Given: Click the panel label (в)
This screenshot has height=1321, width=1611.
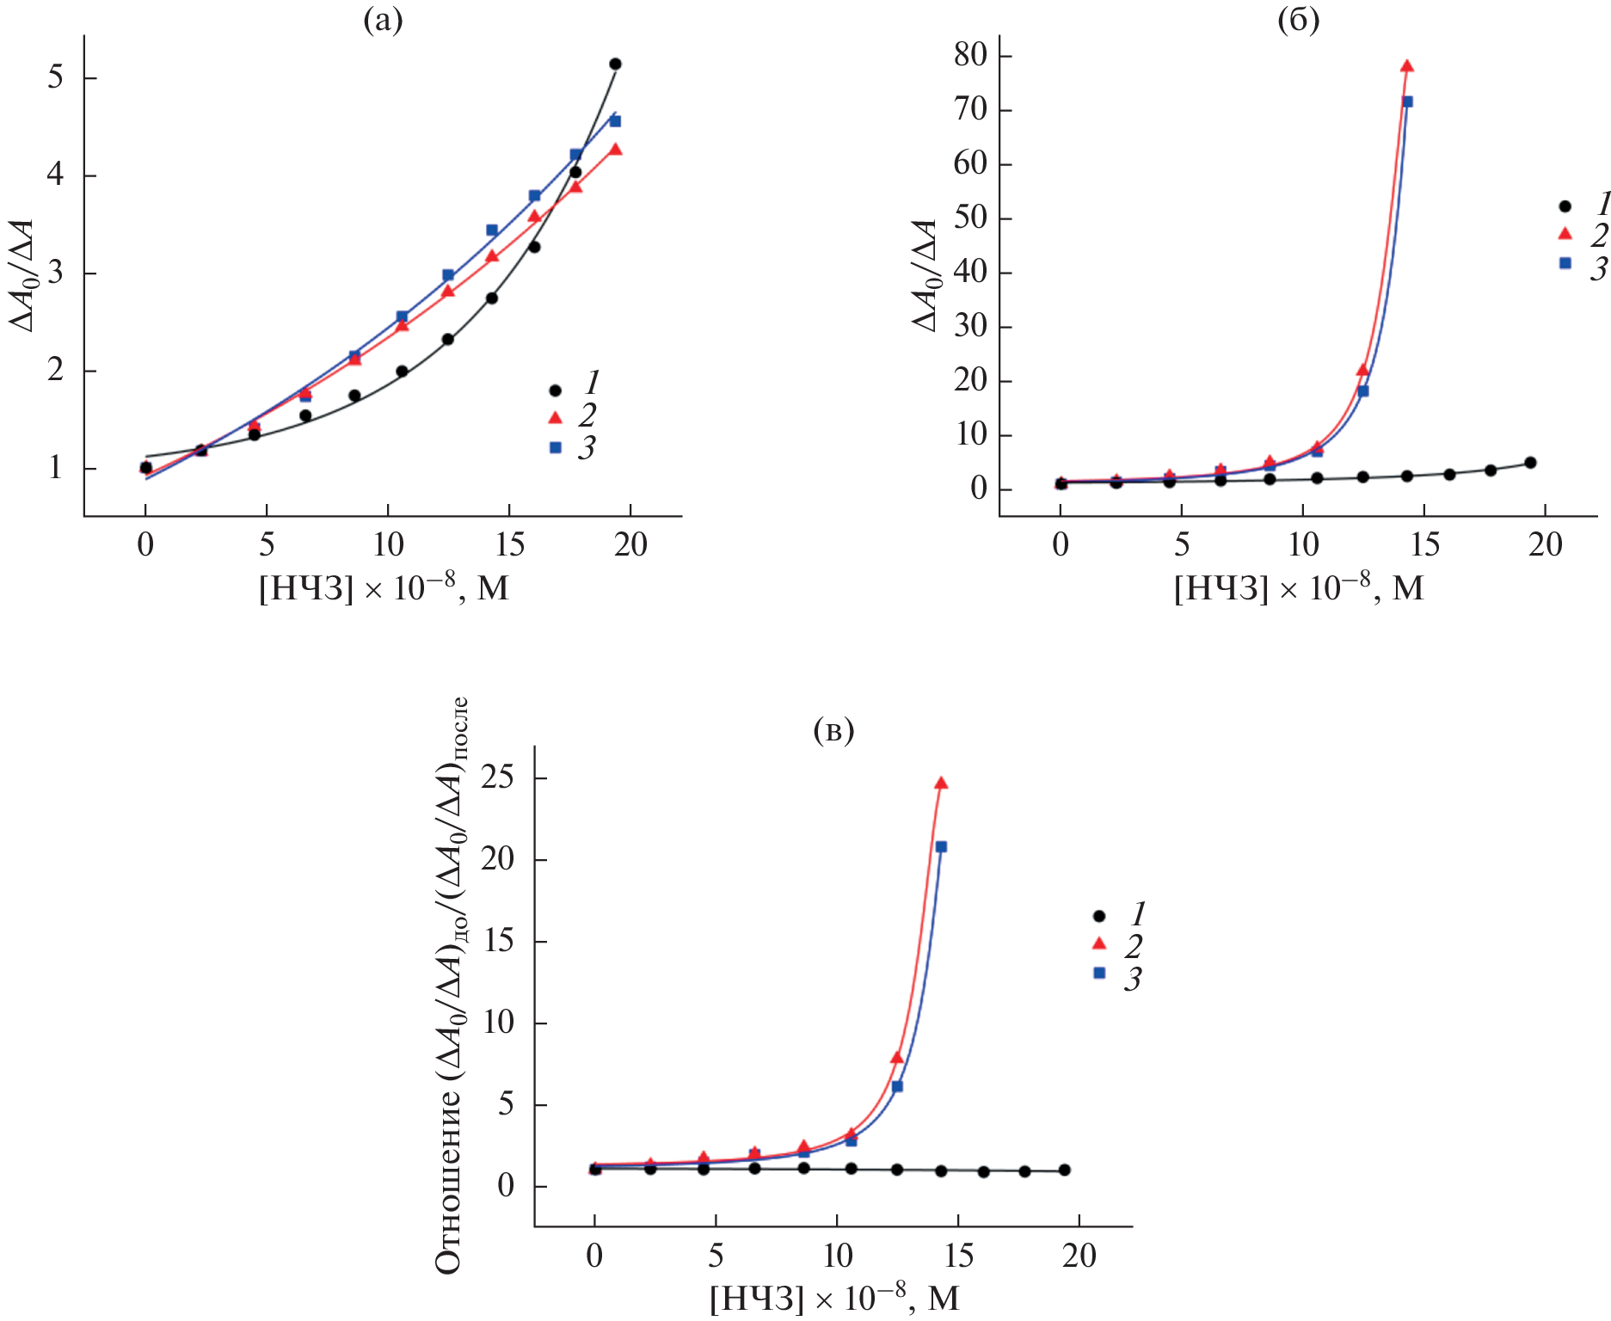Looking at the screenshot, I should point(833,730).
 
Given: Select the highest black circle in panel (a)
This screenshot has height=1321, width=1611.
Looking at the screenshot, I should point(615,64).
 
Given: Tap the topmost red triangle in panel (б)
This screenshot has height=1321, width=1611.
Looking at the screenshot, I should point(1407,66).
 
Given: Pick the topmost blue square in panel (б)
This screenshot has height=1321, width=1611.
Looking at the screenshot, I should point(1408,101).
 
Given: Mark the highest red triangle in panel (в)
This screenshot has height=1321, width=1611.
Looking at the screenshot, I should point(941,783).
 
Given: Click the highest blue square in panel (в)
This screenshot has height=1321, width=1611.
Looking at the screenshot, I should point(941,847).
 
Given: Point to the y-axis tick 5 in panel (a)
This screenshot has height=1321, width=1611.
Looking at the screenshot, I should point(56,77).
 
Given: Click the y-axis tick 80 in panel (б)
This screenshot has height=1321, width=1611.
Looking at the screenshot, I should point(970,55).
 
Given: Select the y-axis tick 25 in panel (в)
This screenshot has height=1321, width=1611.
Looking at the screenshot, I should point(498,778).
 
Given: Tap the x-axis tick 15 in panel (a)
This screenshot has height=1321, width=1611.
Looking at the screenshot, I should point(510,544).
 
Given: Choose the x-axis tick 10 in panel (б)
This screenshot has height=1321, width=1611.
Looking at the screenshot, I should point(1303,544).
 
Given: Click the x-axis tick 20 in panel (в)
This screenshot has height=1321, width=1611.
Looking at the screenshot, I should point(1079,1256).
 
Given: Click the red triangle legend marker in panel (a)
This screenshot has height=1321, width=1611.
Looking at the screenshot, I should point(556,418).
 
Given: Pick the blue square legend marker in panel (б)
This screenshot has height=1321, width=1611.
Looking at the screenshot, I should point(1565,263).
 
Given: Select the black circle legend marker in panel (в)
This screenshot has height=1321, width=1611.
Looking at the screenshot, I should point(1099,917).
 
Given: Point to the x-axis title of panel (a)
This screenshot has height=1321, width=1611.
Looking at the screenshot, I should point(384,588).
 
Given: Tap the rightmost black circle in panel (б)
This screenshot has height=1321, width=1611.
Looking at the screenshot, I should point(1530,463).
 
